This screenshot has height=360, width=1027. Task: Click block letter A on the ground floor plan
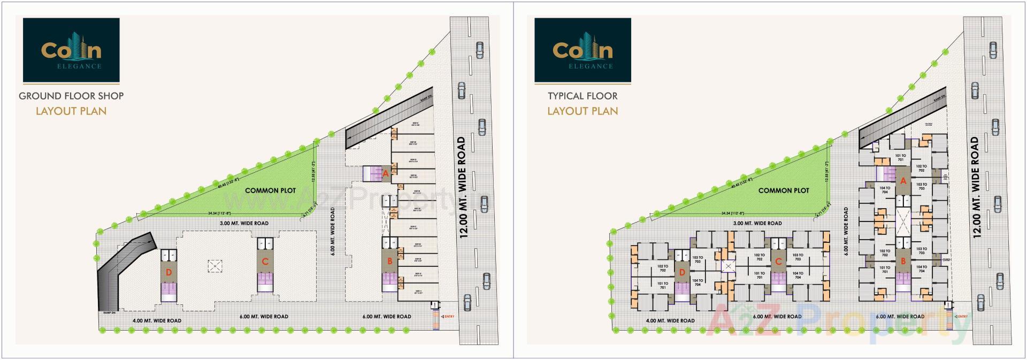[x=386, y=173]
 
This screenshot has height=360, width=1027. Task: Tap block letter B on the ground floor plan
[x=390, y=262]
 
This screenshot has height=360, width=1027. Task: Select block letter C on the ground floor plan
[x=265, y=262]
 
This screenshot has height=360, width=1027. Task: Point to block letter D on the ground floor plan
[x=169, y=273]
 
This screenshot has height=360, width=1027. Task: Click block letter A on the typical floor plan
[x=903, y=181]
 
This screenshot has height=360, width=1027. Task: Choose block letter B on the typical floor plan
[x=903, y=262]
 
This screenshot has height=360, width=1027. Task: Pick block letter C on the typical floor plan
[x=778, y=262]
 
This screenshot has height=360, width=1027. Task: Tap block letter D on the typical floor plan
[x=682, y=273]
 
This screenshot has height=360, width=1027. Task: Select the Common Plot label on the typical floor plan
[x=784, y=190]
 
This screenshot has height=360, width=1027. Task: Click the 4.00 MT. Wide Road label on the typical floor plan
[x=670, y=321]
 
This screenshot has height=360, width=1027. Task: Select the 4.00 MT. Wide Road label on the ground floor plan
[x=157, y=321]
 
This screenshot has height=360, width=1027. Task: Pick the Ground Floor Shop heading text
[x=71, y=96]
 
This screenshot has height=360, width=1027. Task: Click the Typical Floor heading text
[x=583, y=96]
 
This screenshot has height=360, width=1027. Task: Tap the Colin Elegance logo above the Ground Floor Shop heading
[x=71, y=50]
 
